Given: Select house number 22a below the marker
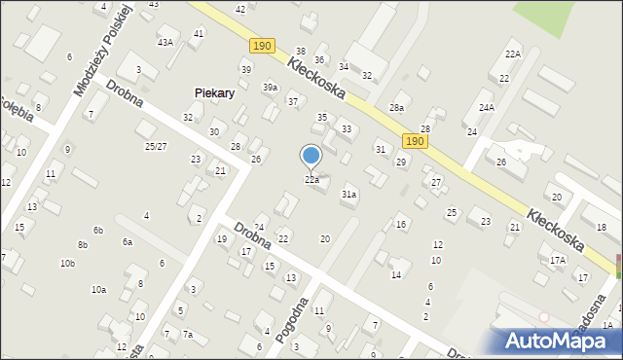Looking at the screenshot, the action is [311, 180].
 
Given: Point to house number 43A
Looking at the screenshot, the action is [166, 42].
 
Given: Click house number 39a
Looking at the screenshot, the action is [270, 87].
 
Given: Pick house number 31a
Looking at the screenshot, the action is [348, 195].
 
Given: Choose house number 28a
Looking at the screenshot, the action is [396, 108].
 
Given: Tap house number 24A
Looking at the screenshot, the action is [487, 107].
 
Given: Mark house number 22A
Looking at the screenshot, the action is [512, 54].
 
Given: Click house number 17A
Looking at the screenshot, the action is [558, 260].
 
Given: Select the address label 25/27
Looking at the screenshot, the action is [156, 146].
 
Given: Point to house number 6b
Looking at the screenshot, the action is [98, 231].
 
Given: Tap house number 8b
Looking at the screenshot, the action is [83, 245].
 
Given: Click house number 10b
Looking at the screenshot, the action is [67, 264].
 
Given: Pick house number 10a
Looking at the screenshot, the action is [98, 289].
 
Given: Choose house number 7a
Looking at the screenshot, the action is [188, 335].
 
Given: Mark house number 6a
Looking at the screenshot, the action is [127, 242].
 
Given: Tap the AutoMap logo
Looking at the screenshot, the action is [562, 341].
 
